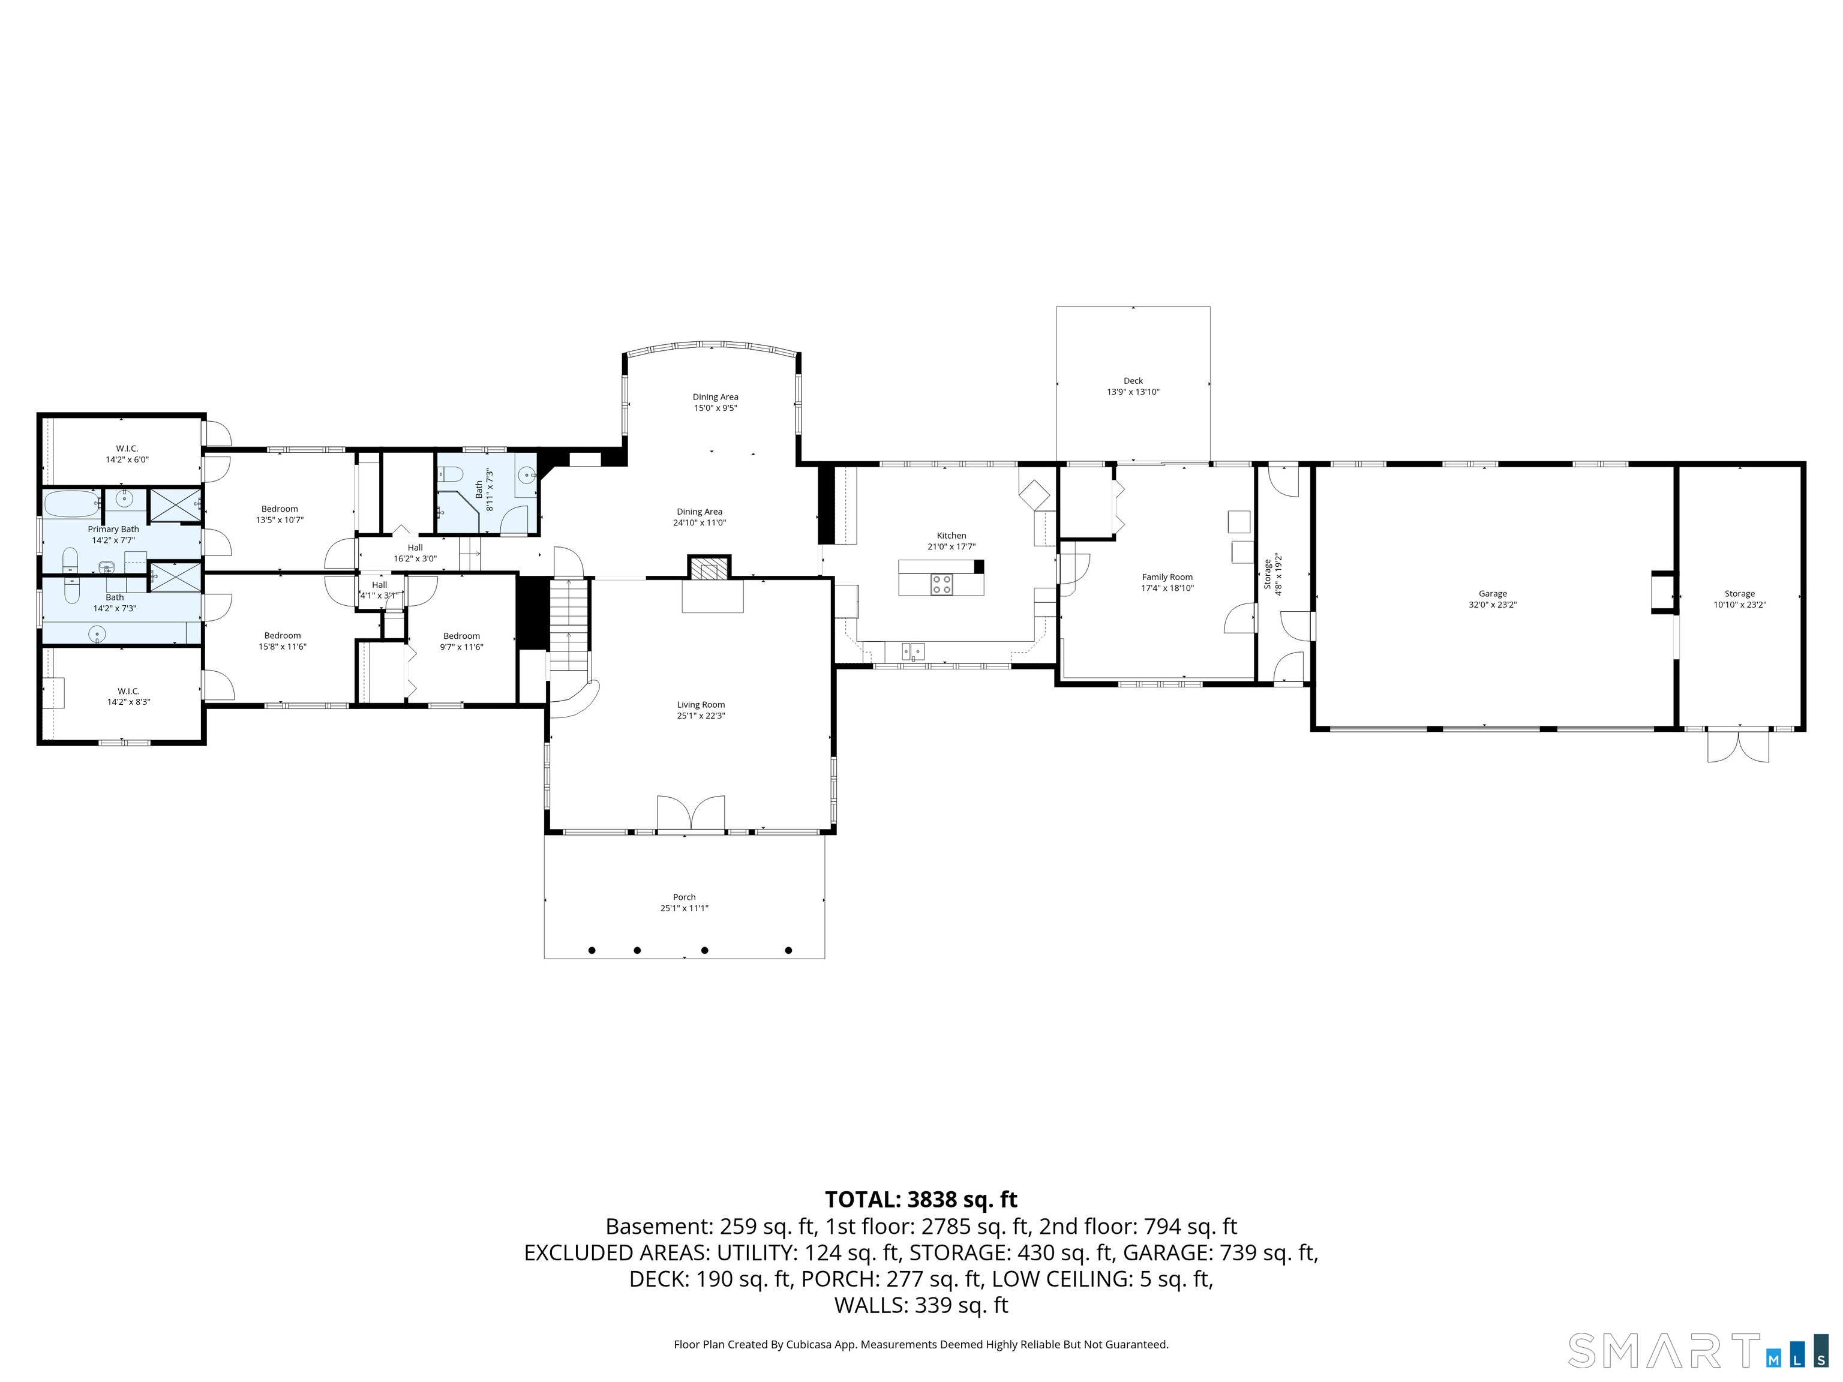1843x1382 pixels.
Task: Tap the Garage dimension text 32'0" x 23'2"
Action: click(1492, 605)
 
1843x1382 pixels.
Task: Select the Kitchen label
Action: click(951, 536)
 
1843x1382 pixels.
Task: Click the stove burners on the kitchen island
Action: click(941, 584)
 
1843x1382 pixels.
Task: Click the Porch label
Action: click(684, 897)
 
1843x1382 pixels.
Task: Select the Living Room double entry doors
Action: click(691, 813)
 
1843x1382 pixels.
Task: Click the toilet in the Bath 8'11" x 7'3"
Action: click(451, 475)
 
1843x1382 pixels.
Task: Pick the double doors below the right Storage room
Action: click(1738, 745)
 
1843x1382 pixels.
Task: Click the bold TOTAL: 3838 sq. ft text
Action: click(921, 1200)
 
